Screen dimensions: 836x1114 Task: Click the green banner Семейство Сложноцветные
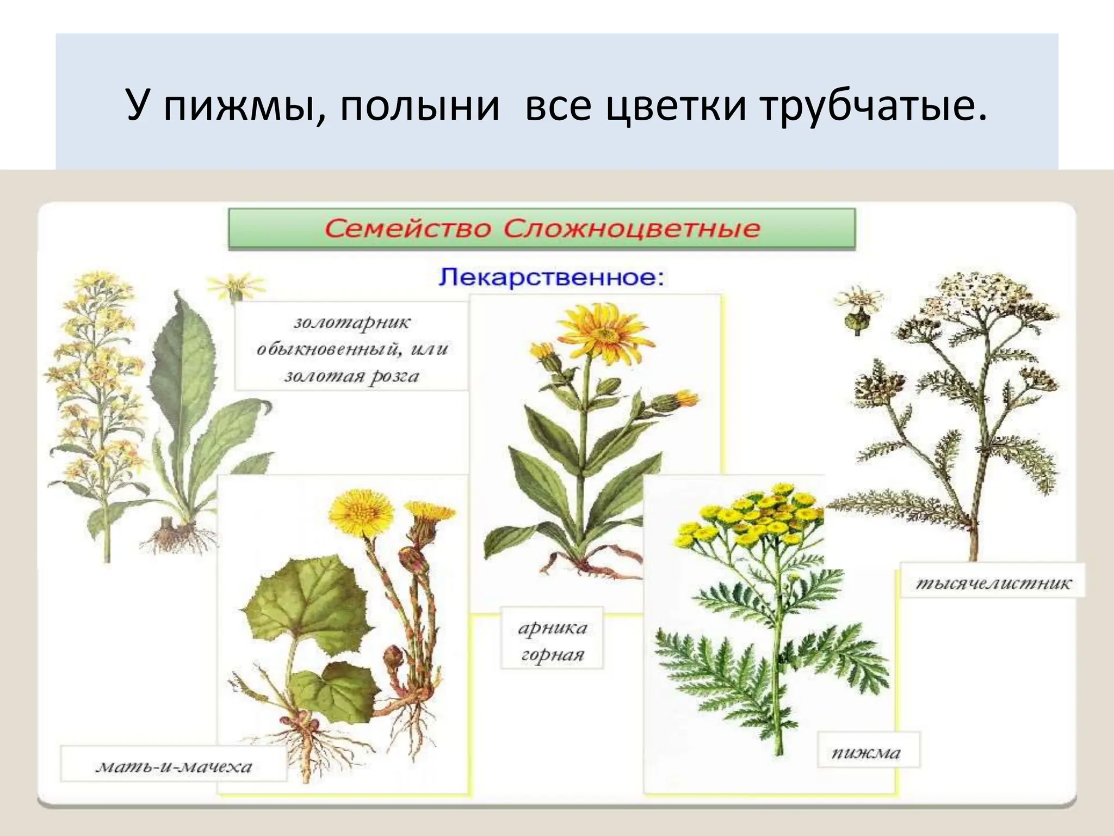coord(541,229)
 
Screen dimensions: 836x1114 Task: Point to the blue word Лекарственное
coord(551,277)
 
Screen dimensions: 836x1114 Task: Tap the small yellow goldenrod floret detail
coord(236,286)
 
